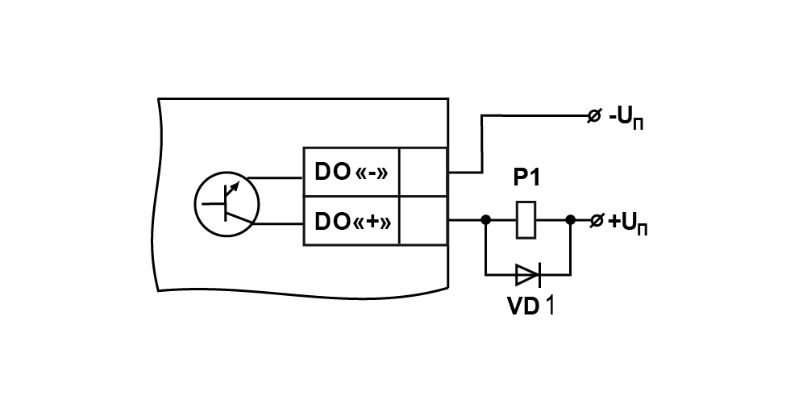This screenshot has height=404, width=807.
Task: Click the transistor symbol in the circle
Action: click(x=227, y=204)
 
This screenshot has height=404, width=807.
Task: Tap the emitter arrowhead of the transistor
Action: click(x=235, y=185)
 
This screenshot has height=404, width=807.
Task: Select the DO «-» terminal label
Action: click(x=351, y=173)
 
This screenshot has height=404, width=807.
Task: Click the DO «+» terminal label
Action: click(x=352, y=222)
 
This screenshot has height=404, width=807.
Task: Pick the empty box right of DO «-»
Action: click(x=423, y=172)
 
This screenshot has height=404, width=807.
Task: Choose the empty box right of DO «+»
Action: click(x=423, y=221)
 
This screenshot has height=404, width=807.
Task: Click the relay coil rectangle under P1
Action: click(x=526, y=220)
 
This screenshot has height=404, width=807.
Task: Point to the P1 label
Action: click(x=527, y=178)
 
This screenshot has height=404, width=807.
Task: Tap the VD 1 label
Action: click(x=530, y=306)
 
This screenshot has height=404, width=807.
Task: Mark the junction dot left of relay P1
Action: click(x=485, y=220)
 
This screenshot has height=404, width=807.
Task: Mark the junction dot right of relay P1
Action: click(x=570, y=220)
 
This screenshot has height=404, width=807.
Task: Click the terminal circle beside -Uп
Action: click(x=594, y=116)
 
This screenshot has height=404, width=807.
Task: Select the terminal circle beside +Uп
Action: click(x=596, y=221)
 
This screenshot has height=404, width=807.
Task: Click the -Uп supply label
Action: click(x=626, y=119)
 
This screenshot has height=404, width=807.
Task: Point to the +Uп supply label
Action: click(x=628, y=224)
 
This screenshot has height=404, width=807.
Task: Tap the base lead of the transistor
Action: click(x=213, y=204)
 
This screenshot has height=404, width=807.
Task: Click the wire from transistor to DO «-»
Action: click(x=276, y=178)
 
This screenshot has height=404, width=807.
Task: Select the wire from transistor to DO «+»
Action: click(x=278, y=224)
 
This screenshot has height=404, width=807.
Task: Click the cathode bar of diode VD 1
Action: click(x=539, y=275)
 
